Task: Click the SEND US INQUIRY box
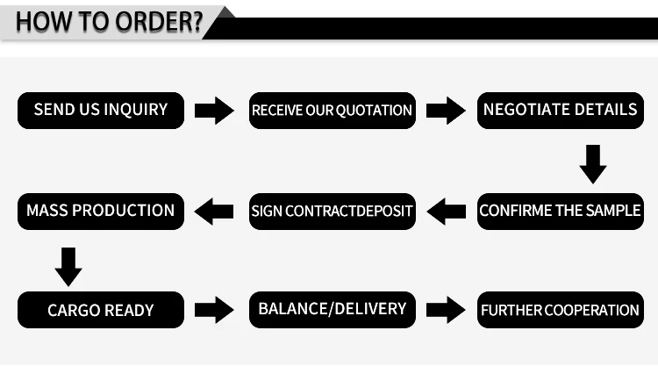[101, 110]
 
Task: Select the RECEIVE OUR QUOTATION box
[332, 111]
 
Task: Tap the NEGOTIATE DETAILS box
[560, 110]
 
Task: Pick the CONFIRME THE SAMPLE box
[560, 211]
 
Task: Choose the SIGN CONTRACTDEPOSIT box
[332, 212]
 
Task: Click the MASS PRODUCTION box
[101, 211]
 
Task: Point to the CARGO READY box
[101, 310]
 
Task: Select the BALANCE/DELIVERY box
[332, 309]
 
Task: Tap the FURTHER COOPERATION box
[560, 310]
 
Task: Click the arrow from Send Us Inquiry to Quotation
[214, 111]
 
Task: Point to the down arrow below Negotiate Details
[593, 164]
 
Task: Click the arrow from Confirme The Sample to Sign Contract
[446, 211]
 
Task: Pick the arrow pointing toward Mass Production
[214, 211]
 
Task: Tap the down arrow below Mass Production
[68, 265]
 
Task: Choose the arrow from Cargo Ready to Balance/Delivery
[214, 309]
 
